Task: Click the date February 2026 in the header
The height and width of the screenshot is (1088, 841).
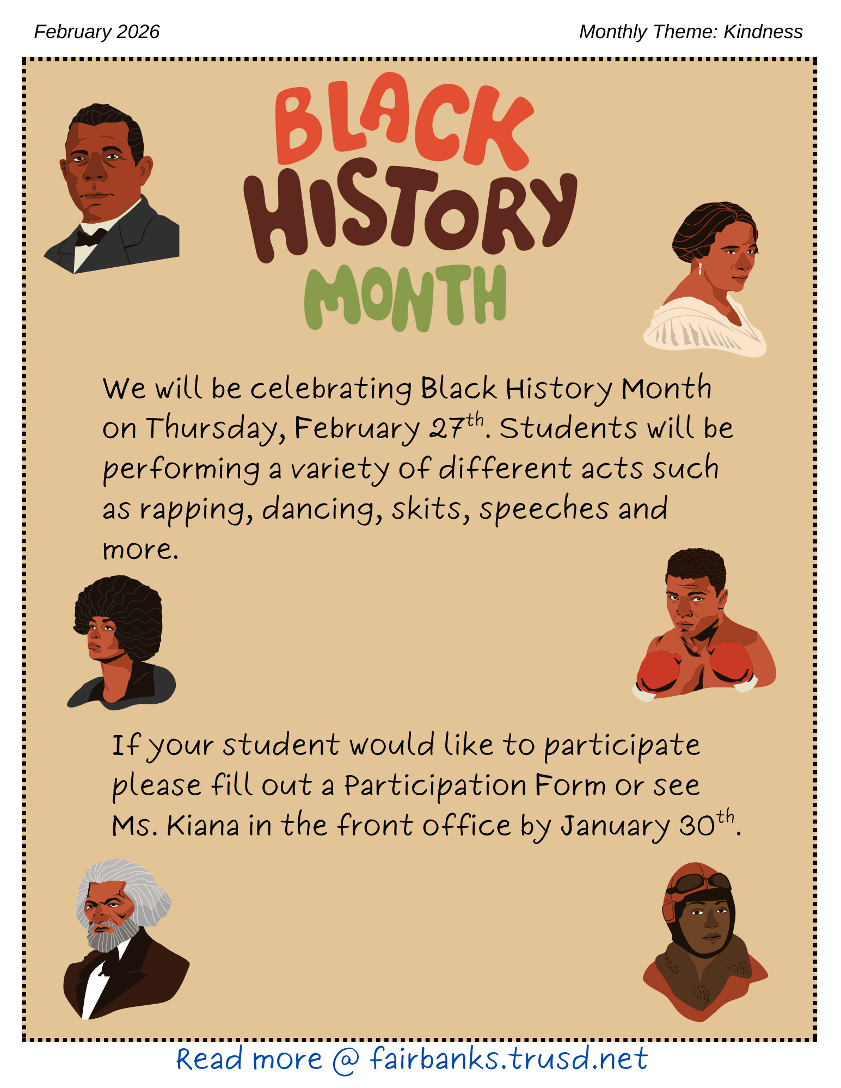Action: click(x=97, y=32)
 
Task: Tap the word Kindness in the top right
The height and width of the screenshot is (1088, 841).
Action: click(x=763, y=32)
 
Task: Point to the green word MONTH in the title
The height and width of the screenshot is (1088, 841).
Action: click(x=405, y=298)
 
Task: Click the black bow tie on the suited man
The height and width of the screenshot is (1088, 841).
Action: click(x=91, y=237)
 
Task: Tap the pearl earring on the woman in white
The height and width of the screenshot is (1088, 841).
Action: click(x=700, y=268)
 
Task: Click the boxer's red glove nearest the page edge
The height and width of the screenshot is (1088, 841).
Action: click(x=731, y=662)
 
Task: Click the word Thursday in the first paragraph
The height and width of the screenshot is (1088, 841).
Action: click(x=214, y=429)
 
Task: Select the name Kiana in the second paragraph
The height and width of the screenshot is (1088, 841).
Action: click(x=203, y=826)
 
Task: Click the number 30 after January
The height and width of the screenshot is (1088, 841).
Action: click(x=697, y=826)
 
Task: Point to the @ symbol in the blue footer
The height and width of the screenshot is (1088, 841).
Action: click(x=346, y=1060)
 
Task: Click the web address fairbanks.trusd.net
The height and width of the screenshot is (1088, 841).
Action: click(x=509, y=1059)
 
